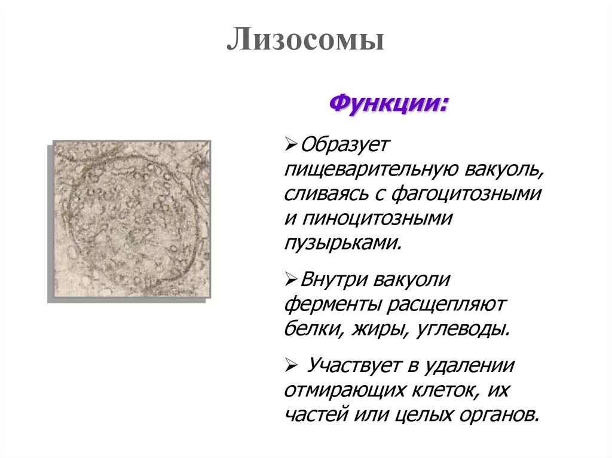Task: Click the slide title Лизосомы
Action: point(305,41)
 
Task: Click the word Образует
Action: point(345,144)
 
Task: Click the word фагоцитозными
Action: point(467,193)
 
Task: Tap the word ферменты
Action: point(333,304)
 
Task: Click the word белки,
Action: point(310,329)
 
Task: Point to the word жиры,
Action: point(371,329)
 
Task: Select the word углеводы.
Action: point(459,329)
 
